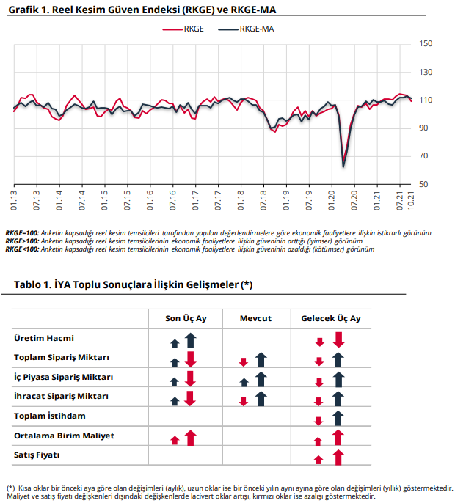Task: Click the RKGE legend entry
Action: point(183,29)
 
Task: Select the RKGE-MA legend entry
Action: point(246,29)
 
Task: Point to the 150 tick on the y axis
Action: point(426,44)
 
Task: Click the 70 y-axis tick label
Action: point(423,156)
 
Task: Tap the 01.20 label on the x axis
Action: point(332,200)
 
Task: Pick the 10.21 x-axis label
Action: point(411,200)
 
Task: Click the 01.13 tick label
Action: point(14,200)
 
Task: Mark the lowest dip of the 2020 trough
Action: point(343,167)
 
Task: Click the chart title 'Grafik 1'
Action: point(142,10)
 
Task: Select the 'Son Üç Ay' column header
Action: point(186,318)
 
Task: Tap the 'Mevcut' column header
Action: point(255,318)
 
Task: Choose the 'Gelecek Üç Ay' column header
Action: point(331,318)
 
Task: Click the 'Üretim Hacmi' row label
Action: point(44,338)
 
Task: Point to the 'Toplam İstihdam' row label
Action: point(50,416)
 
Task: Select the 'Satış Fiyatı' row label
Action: point(37,455)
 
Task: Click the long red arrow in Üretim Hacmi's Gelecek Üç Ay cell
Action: point(338,340)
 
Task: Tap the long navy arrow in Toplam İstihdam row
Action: point(338,418)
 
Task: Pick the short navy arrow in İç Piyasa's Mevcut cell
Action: point(244,382)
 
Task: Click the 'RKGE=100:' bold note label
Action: point(22,233)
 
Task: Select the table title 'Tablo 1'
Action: point(134,284)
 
